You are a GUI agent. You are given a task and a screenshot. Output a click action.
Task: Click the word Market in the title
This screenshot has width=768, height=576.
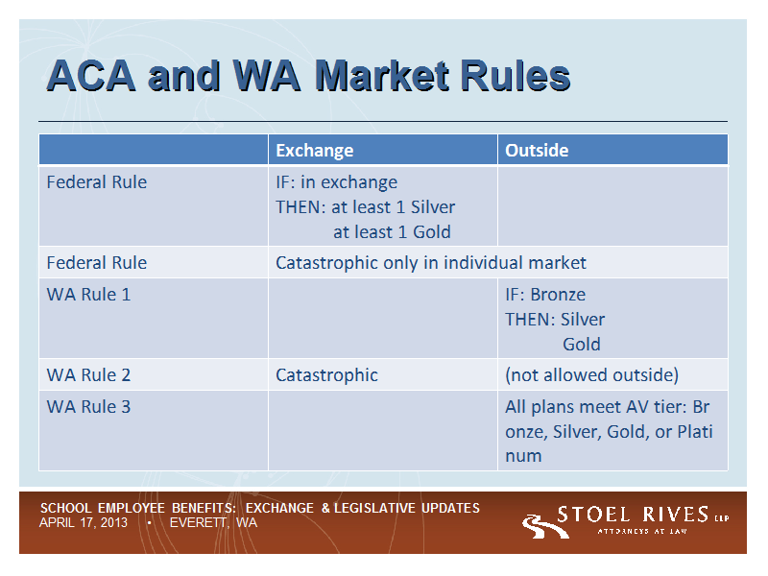click(x=382, y=76)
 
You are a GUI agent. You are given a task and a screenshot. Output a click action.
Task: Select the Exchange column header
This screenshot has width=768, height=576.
click(x=315, y=151)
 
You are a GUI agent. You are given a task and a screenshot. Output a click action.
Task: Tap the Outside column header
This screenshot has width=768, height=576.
click(x=537, y=151)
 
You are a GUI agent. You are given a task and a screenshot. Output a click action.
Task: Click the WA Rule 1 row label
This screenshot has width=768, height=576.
click(x=88, y=295)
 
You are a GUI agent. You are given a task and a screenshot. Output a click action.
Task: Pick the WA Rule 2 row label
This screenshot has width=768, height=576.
click(x=88, y=374)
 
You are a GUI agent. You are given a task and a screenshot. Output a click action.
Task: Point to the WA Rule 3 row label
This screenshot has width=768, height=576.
click(x=88, y=406)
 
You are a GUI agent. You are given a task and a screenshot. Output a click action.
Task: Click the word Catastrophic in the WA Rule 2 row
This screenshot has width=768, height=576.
click(x=326, y=375)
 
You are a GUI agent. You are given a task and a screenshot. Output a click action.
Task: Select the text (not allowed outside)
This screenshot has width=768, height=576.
click(x=591, y=375)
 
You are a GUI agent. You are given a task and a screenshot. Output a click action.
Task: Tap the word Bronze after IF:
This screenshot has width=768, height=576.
click(x=558, y=295)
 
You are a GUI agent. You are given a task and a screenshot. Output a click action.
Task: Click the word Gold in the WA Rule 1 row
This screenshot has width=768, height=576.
click(x=582, y=345)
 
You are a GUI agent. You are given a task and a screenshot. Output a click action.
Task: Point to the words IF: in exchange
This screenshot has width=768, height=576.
click(x=337, y=182)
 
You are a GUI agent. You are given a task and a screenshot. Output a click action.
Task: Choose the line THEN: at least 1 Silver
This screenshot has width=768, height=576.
click(x=366, y=207)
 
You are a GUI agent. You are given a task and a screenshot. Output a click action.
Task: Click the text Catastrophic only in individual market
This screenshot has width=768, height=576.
click(x=431, y=263)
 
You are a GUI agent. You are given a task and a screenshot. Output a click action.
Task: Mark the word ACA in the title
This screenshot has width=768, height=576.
click(x=91, y=76)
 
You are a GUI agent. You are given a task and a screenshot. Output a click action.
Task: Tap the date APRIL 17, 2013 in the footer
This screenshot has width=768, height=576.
click(x=84, y=522)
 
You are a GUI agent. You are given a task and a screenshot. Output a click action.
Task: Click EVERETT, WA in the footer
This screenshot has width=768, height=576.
click(x=213, y=522)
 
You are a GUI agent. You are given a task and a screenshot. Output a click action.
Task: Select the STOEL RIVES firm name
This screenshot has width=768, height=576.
click(x=633, y=515)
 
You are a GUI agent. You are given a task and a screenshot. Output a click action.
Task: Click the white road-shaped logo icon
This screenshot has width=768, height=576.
click(x=544, y=526)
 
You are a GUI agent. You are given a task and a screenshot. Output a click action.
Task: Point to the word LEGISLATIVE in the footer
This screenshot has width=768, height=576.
click(x=375, y=508)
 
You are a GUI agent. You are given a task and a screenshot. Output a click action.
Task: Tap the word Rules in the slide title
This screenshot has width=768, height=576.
click(x=516, y=76)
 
